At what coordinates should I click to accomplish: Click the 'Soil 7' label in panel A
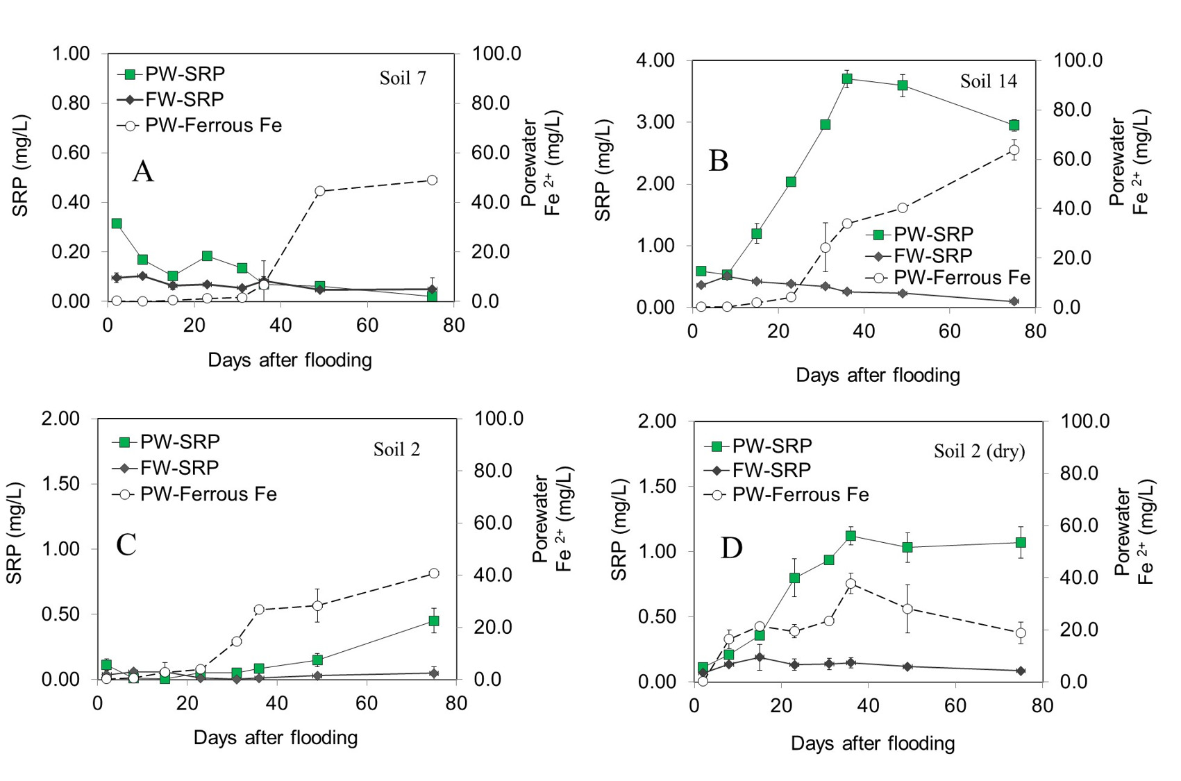tap(403, 78)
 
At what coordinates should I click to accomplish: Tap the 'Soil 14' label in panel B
tap(988, 81)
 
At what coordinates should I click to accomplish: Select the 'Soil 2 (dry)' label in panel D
tap(979, 451)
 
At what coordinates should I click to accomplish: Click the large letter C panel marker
tap(126, 545)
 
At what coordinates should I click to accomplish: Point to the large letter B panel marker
tap(719, 161)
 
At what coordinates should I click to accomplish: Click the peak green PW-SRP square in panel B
tap(847, 78)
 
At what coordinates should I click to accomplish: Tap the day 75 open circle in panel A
tap(432, 180)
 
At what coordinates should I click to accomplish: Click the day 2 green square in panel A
tap(117, 224)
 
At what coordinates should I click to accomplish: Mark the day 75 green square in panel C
tap(434, 621)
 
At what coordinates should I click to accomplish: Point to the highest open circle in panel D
tap(851, 584)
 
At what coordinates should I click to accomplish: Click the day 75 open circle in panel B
tap(1014, 150)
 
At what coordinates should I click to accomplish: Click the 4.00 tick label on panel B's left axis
tap(655, 60)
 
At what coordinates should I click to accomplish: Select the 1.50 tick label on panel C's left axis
tap(61, 484)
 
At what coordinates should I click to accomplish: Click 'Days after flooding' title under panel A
tap(290, 360)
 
